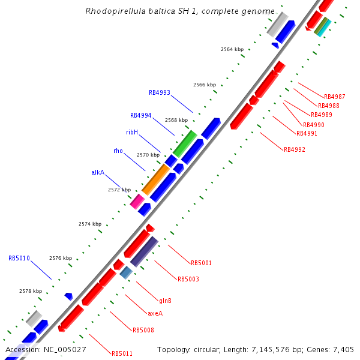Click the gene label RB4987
click(334, 97)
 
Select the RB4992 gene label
click(294, 149)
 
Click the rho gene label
click(118, 151)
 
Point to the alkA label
click(98, 172)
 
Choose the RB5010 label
click(19, 258)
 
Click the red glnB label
click(165, 301)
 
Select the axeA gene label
click(155, 313)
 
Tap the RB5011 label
click(122, 353)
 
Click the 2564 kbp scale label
click(232, 49)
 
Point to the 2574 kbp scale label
click(90, 224)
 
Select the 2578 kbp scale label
click(31, 291)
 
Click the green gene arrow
click(185, 144)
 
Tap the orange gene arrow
click(155, 179)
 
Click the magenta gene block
click(137, 201)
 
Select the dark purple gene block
click(144, 251)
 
